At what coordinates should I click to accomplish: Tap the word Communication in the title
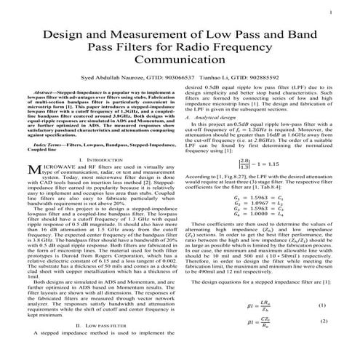180,63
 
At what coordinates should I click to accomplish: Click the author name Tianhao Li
217,79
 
